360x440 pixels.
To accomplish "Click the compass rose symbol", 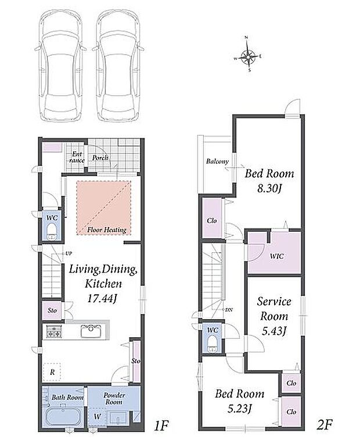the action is pyautogui.click(x=248, y=55).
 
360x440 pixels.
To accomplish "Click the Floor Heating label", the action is pyautogui.click(x=106, y=230).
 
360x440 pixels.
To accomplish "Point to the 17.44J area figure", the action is pyautogui.click(x=102, y=298).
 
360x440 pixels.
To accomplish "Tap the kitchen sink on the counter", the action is pyautogui.click(x=91, y=331).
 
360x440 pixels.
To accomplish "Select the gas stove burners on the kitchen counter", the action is pyautogui.click(x=54, y=331).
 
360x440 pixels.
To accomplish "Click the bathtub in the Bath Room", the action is pyautogui.click(x=63, y=416).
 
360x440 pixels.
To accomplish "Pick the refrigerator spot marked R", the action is pyautogui.click(x=52, y=372).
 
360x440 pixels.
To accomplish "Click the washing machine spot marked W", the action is pyautogui.click(x=97, y=416).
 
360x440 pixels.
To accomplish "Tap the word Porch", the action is pyautogui.click(x=100, y=158).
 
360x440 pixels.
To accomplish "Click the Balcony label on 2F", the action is pyautogui.click(x=217, y=162).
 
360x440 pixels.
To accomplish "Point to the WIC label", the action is pyautogui.click(x=277, y=256).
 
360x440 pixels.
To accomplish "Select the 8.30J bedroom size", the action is pyautogui.click(x=269, y=188).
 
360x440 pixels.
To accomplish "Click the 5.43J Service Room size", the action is pyautogui.click(x=274, y=331).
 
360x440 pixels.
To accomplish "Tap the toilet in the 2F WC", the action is pyautogui.click(x=213, y=345).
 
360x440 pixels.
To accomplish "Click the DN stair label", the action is pyautogui.click(x=229, y=310).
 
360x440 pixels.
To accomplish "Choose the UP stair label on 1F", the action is pyautogui.click(x=69, y=253).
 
